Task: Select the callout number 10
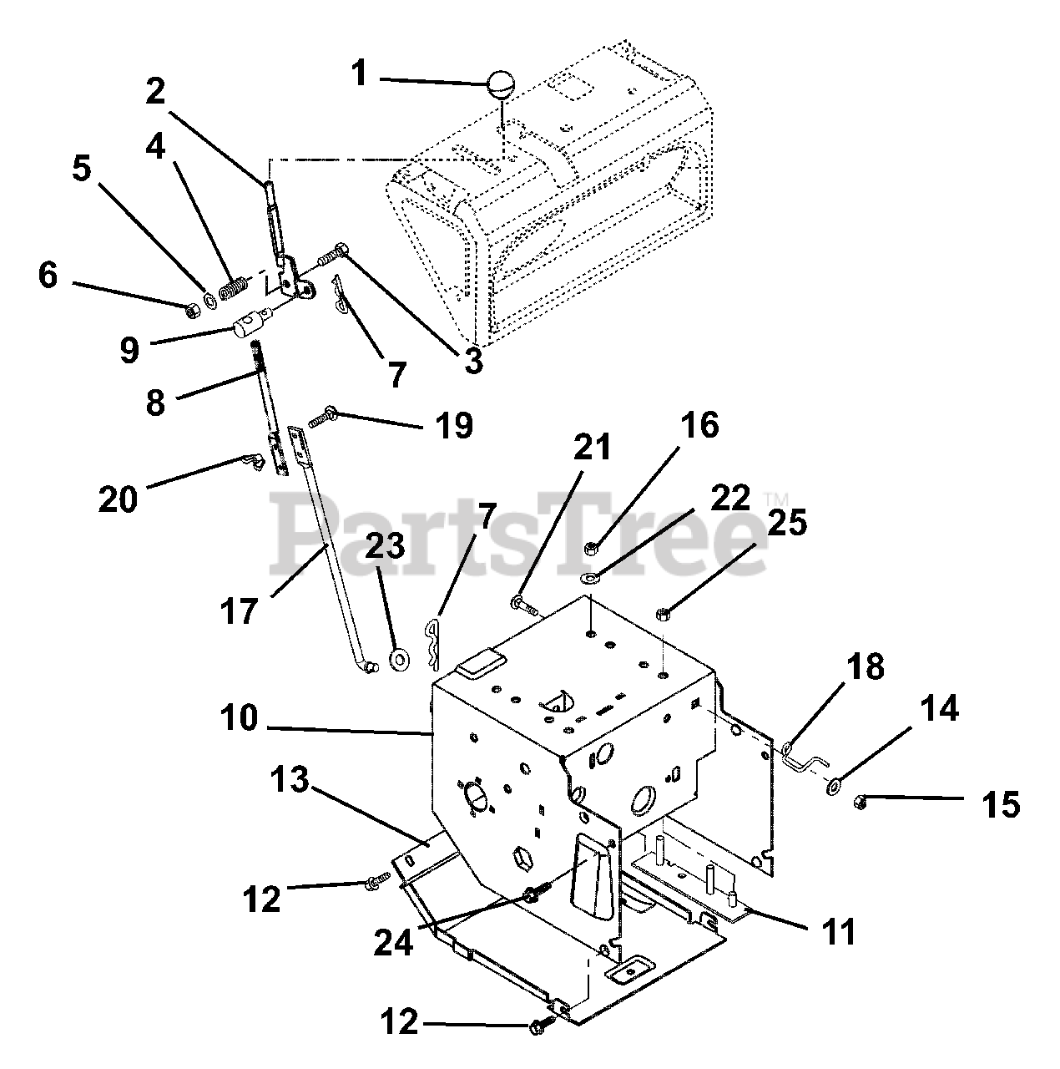point(240,718)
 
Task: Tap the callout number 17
point(240,611)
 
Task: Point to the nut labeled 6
point(191,310)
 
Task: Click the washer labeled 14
point(834,785)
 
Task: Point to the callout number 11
point(839,932)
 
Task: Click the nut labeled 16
point(590,548)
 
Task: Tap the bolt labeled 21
point(522,601)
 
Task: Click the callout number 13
point(290,782)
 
